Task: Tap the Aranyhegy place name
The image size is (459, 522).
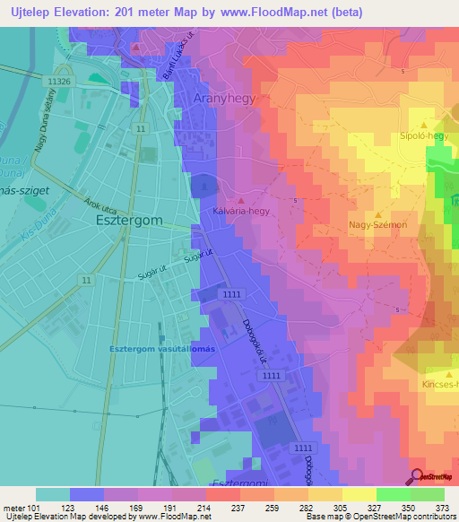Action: point(225,100)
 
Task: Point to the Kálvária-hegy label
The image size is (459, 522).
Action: point(241,212)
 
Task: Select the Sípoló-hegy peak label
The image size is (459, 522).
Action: point(422,136)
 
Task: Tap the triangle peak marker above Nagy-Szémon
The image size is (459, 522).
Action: point(378,214)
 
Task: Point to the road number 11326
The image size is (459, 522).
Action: point(58,81)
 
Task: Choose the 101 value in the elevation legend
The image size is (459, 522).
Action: point(34,509)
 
